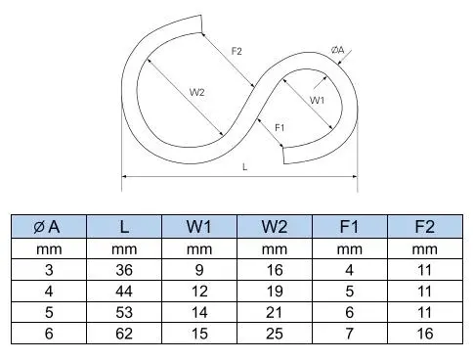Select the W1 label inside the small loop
(x=318, y=100)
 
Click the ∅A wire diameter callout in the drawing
(x=337, y=50)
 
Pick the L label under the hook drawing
(x=243, y=167)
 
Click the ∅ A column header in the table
(x=47, y=227)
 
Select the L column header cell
(x=123, y=227)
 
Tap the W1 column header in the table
(x=198, y=227)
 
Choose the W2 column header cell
(x=275, y=227)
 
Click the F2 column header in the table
(x=425, y=227)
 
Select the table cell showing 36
(x=123, y=270)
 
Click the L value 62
(x=123, y=335)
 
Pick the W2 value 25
(x=275, y=335)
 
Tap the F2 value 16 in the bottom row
(x=425, y=335)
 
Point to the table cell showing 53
(x=123, y=313)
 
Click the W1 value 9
(x=198, y=270)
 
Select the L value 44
(x=123, y=292)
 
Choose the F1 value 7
(x=350, y=335)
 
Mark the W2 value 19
(x=275, y=292)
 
